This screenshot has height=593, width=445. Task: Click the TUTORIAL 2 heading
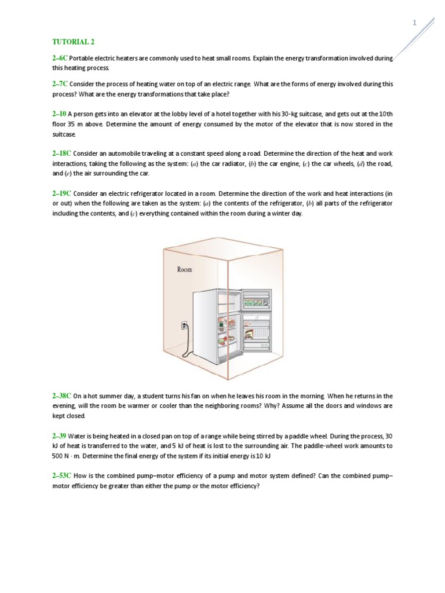pyautogui.click(x=73, y=42)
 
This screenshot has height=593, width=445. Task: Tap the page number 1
pyautogui.click(x=414, y=23)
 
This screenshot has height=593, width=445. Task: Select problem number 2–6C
pyautogui.click(x=60, y=59)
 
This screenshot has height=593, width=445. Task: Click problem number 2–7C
pyautogui.click(x=60, y=84)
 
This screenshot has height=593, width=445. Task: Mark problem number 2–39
pyautogui.click(x=59, y=435)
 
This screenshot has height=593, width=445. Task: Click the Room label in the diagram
pyautogui.click(x=185, y=269)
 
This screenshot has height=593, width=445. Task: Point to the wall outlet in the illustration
pyautogui.click(x=185, y=326)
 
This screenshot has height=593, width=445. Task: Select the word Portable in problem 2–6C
pyautogui.click(x=82, y=59)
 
